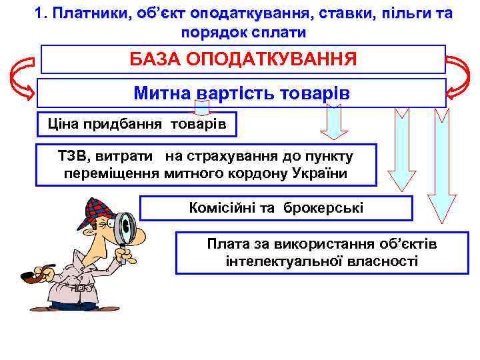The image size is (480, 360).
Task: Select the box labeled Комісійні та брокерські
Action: point(277,207)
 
